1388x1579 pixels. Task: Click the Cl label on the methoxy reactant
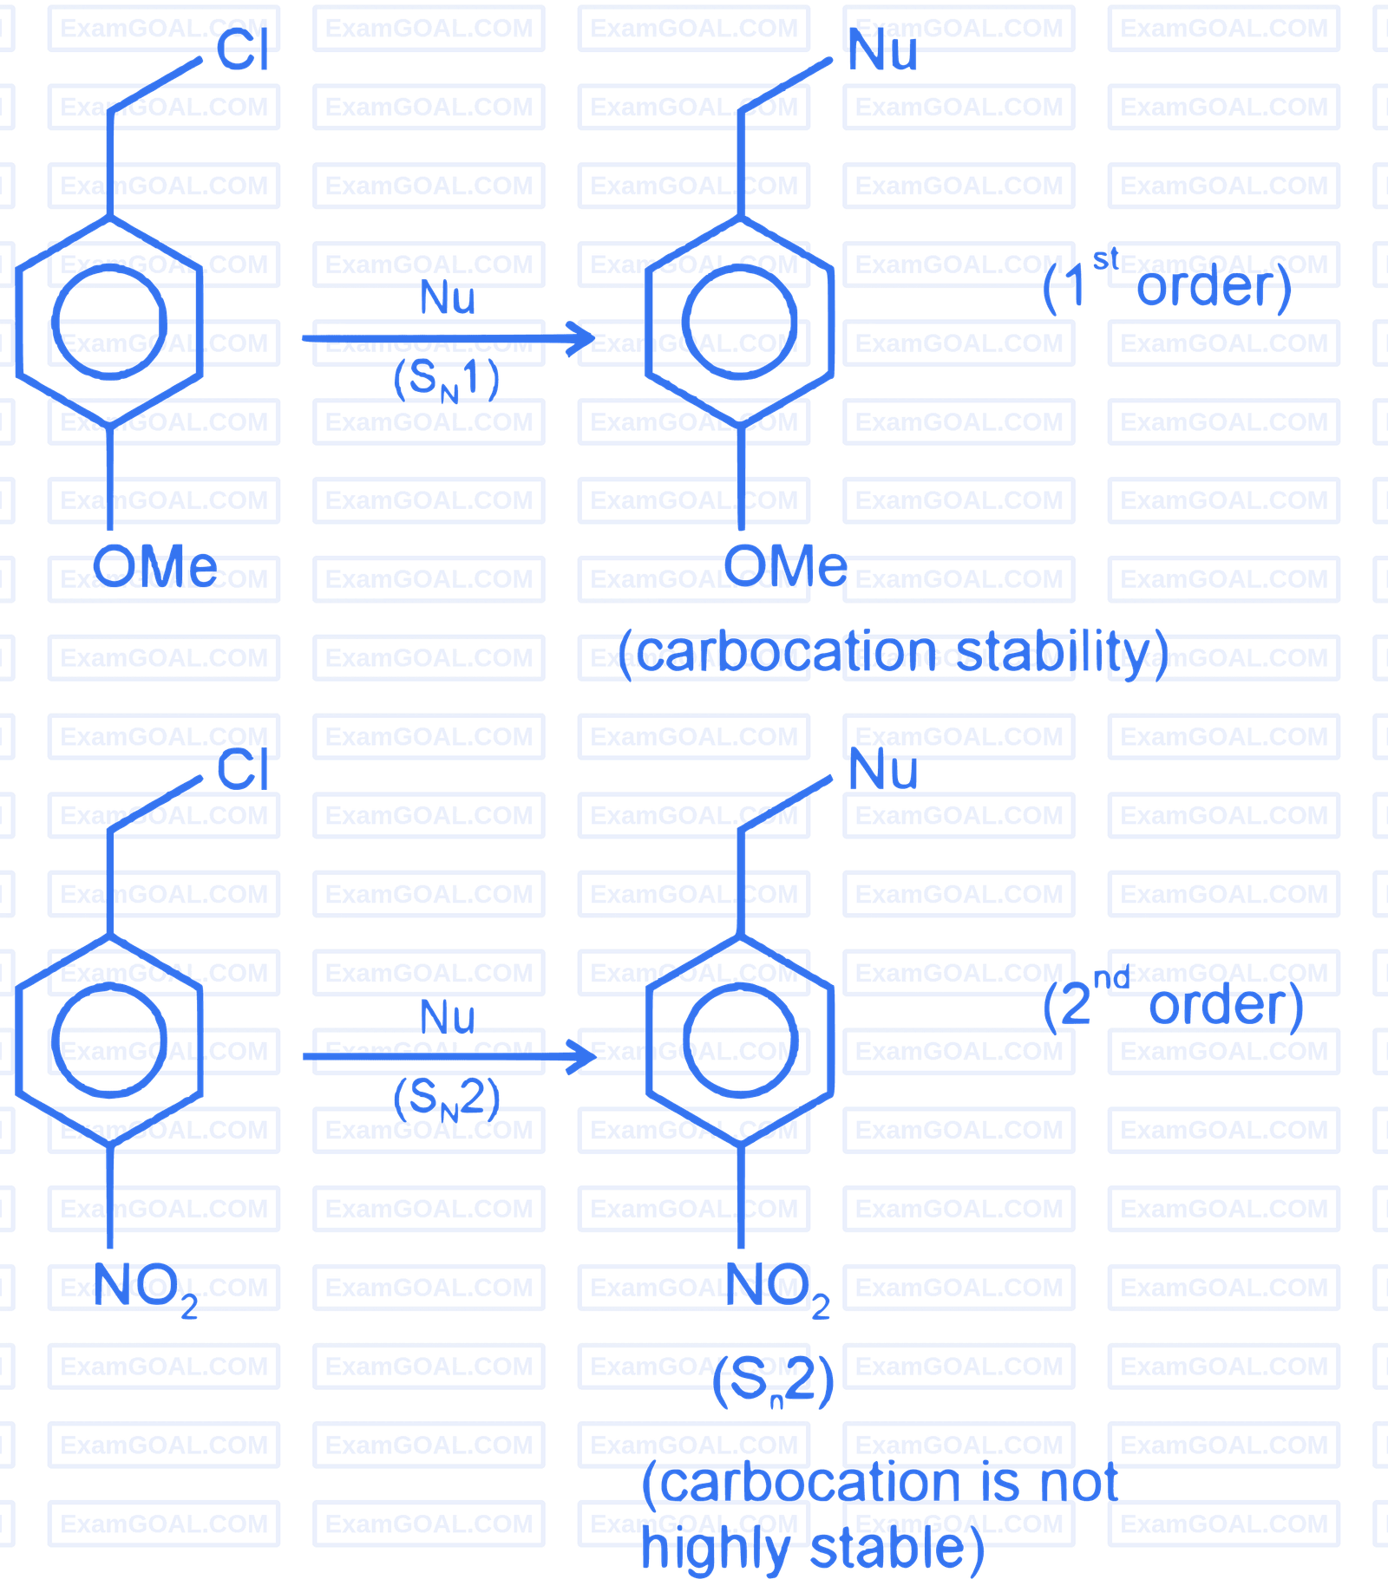243,49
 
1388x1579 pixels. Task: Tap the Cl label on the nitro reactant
243,769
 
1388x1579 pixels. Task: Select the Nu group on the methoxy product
882,49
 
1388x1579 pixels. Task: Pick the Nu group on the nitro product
882,769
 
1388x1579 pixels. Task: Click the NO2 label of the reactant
146,1289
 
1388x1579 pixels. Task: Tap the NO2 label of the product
777,1289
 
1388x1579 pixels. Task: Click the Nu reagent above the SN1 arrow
448,297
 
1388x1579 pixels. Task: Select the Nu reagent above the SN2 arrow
448,1017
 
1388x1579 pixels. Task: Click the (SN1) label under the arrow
447,380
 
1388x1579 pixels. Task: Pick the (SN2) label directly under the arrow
447,1099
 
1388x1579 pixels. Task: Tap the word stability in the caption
1052,651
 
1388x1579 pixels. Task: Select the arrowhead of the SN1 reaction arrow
580,338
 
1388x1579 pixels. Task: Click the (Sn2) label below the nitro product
773,1381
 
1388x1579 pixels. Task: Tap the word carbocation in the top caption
786,652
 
